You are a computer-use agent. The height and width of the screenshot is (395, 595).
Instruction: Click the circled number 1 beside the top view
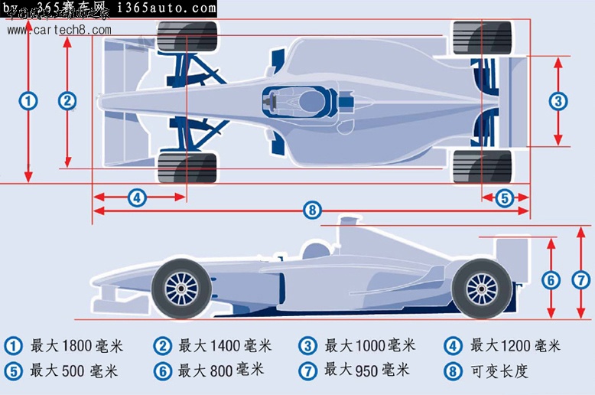coord(28,101)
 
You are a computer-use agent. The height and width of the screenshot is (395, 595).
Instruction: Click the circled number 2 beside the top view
coord(67,100)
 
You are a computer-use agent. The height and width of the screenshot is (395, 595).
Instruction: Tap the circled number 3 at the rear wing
coord(558,100)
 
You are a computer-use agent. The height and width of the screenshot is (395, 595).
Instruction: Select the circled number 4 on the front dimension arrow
coord(136,197)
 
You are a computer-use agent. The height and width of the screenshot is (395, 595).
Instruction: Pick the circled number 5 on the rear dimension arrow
coord(503,197)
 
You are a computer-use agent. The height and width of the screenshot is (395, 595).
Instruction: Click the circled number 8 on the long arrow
coord(311,209)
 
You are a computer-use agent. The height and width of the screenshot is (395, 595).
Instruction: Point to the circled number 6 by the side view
coord(551,280)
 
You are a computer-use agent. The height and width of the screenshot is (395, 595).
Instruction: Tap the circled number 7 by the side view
coord(582,280)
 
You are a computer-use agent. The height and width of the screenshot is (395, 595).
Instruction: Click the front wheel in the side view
coord(181,288)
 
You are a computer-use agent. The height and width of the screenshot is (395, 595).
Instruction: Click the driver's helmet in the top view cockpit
coord(311,100)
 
